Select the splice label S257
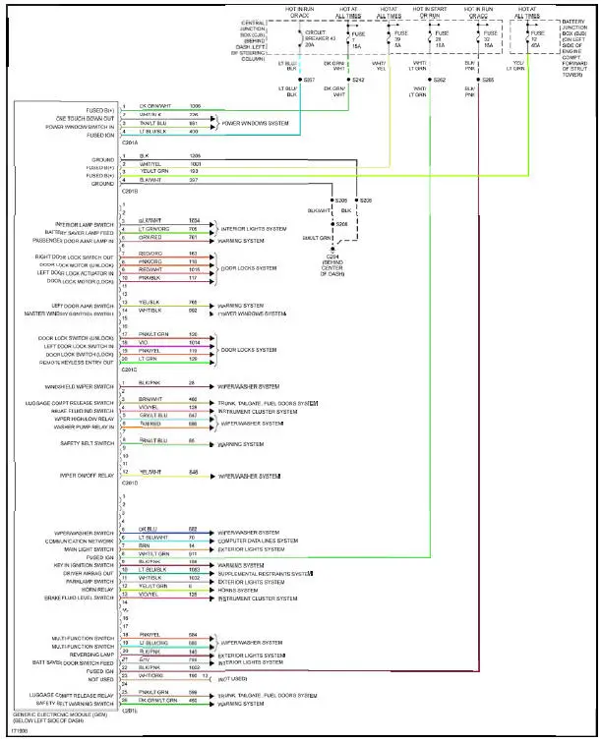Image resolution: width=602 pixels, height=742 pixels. tap(308, 79)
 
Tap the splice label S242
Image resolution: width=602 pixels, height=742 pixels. tap(358, 79)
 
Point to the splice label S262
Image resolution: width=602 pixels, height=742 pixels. tap(440, 79)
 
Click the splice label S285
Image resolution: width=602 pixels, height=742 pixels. tap(488, 79)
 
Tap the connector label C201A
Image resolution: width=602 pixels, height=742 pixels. tap(129, 142)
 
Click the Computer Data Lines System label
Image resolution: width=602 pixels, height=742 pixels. tap(258, 540)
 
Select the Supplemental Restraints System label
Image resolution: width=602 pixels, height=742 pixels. tap(266, 573)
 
